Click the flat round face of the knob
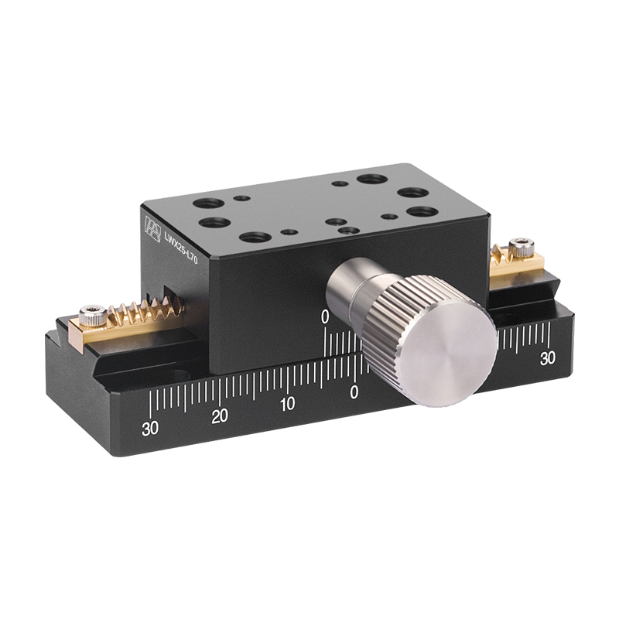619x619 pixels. pyautogui.click(x=451, y=357)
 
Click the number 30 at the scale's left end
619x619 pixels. pyautogui.click(x=150, y=428)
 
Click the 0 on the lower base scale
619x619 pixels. pyautogui.click(x=354, y=392)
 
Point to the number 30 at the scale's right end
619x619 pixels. pyautogui.click(x=548, y=357)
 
